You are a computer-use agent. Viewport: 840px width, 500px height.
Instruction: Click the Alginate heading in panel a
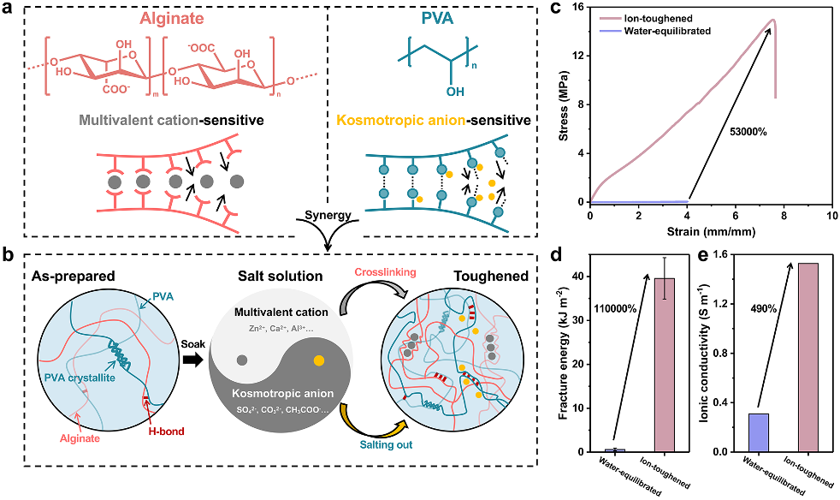(x=172, y=18)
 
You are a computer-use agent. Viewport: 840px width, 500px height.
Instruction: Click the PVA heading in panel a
(x=438, y=18)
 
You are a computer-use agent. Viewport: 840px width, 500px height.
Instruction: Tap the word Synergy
(x=328, y=215)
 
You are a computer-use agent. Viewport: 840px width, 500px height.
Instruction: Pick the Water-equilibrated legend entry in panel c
(x=655, y=31)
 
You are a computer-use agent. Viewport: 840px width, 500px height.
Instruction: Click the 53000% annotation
(x=748, y=131)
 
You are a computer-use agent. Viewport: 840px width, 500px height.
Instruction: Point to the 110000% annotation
(x=616, y=309)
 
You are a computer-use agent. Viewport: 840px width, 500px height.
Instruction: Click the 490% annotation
(x=763, y=309)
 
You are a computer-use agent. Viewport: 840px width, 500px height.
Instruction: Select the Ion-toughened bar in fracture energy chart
(x=665, y=365)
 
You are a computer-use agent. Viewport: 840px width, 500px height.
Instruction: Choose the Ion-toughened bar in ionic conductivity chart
(x=808, y=358)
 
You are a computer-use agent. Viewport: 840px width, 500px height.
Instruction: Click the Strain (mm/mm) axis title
(x=711, y=232)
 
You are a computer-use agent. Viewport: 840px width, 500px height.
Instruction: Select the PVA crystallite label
(x=80, y=378)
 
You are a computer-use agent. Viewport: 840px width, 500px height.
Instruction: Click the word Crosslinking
(x=385, y=272)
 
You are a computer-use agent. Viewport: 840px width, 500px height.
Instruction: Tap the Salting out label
(x=387, y=444)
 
